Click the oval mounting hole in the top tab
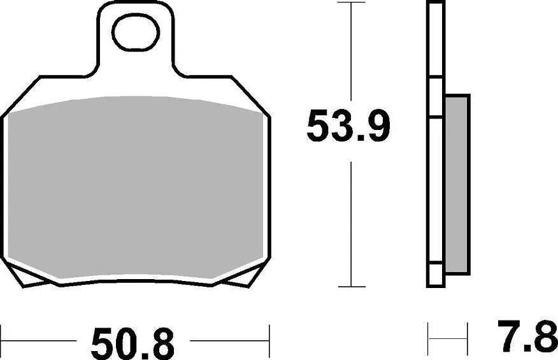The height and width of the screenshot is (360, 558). (x=135, y=33)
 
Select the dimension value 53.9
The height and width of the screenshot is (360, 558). (x=347, y=127)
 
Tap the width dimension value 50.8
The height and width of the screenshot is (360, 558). (x=132, y=345)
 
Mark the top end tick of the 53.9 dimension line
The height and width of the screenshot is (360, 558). (x=351, y=3)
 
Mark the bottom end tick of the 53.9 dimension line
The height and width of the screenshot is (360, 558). (x=351, y=287)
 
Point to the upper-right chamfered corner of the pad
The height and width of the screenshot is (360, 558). (x=251, y=97)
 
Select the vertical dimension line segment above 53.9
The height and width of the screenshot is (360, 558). (x=351, y=54)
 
